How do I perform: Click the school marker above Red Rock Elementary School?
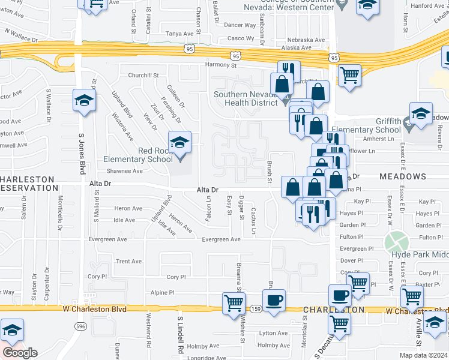179,142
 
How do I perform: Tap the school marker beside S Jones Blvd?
84,100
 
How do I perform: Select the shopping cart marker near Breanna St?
234,303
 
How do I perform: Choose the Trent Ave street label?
128,262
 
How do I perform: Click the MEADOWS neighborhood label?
402,177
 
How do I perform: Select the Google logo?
20,352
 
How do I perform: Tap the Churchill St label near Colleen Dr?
142,76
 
